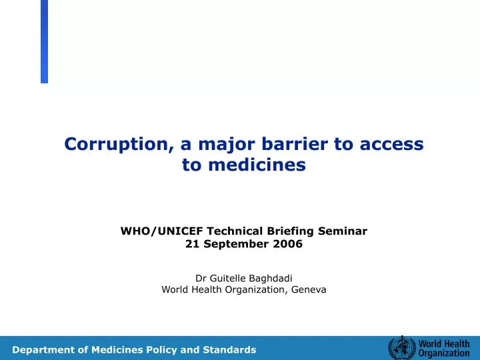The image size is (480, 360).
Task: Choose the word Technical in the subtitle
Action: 235,231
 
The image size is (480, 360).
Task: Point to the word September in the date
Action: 238,244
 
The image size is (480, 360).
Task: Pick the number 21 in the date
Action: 191,244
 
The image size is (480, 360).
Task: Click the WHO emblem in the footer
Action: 401,348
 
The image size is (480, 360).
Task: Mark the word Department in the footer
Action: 44,349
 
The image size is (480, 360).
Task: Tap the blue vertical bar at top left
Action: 44,41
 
